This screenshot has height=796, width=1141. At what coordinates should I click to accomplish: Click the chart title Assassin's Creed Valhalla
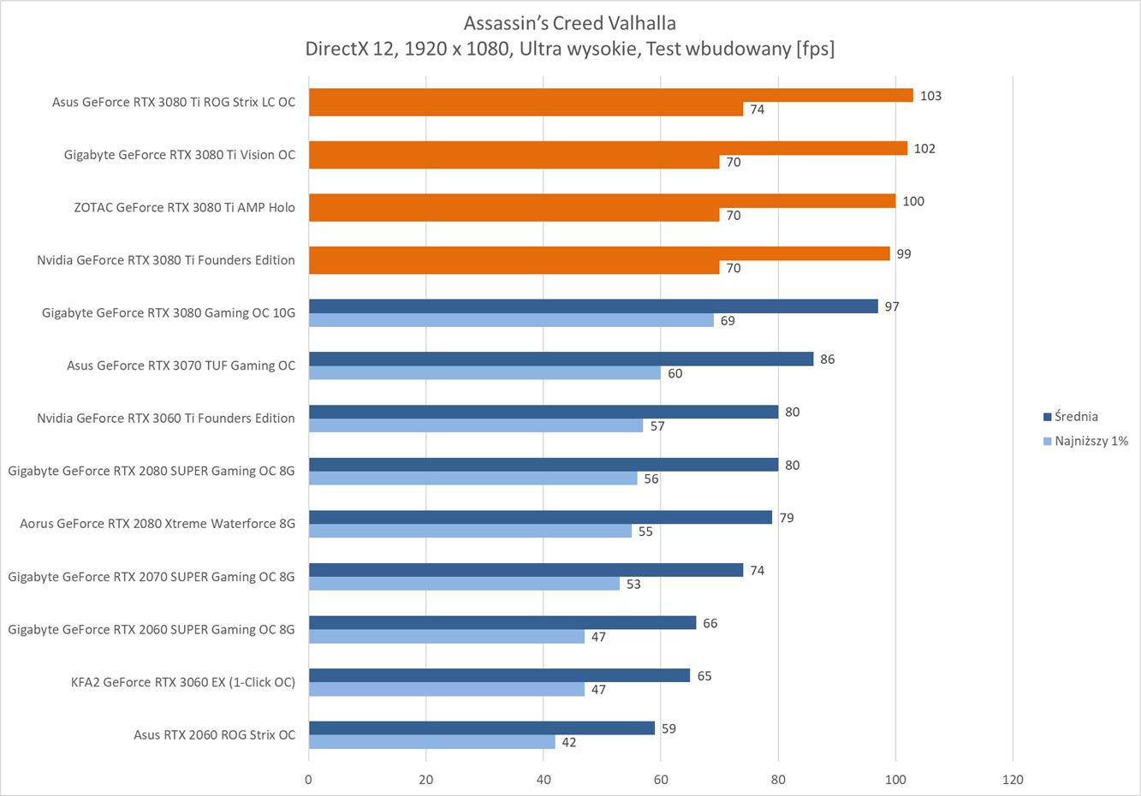tap(569, 22)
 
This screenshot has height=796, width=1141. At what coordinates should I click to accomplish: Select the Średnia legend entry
tap(1075, 417)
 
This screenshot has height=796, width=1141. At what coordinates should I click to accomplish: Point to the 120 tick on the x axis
tap(1012, 780)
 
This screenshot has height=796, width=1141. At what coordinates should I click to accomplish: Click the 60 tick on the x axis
tap(661, 780)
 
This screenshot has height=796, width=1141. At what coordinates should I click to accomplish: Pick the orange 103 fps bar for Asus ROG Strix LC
tap(610, 96)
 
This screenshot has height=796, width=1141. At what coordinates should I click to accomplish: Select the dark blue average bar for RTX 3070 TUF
tap(561, 359)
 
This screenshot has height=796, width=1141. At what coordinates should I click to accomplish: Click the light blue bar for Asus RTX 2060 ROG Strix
tap(431, 742)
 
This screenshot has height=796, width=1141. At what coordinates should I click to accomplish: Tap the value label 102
tap(924, 149)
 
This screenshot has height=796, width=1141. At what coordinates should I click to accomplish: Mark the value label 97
tap(892, 306)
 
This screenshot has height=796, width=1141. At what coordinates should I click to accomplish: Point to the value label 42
tap(569, 743)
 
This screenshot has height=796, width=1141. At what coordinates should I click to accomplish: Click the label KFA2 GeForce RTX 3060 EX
tap(183, 682)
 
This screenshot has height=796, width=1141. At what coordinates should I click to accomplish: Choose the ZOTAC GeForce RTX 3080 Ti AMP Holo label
tap(184, 207)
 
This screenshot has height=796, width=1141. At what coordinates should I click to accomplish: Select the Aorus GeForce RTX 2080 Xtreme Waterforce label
tap(157, 524)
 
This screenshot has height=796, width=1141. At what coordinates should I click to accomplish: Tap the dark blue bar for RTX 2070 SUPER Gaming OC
tap(526, 570)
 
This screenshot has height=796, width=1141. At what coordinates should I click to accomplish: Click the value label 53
tap(633, 585)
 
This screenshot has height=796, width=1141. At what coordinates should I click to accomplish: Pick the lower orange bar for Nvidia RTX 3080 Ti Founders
tap(514, 268)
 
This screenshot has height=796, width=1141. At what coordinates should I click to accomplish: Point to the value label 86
tap(827, 359)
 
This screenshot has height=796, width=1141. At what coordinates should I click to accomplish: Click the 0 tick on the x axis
tap(309, 780)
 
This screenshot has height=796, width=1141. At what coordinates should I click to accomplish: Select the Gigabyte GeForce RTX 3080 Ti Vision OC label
tap(180, 155)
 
